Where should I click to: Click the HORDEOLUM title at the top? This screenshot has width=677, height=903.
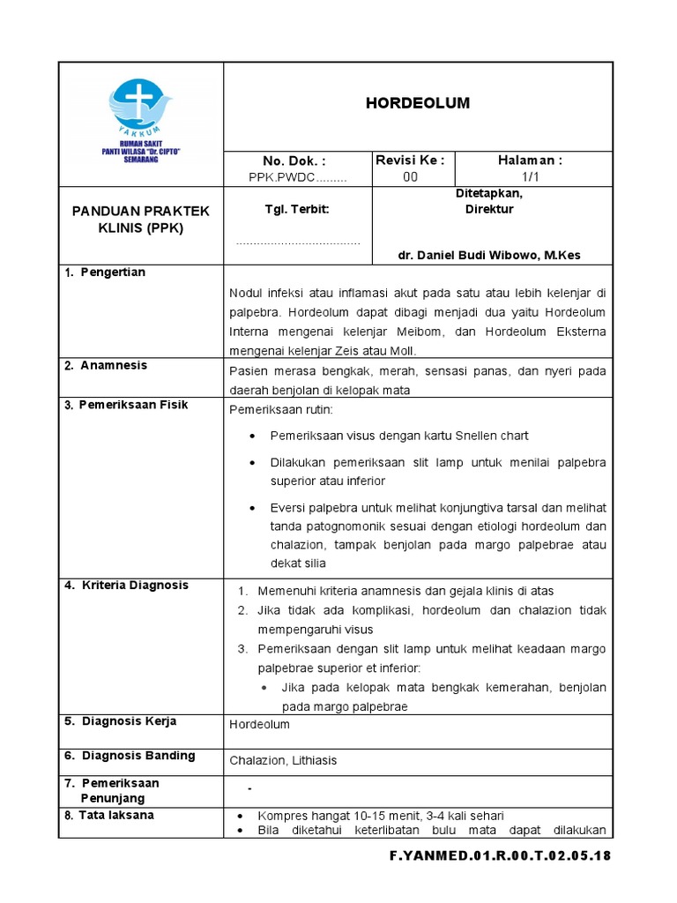(x=418, y=104)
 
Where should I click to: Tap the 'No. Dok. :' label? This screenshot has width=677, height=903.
(x=294, y=161)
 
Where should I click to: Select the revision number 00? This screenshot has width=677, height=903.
(x=410, y=176)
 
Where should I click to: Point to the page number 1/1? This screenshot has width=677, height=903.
(x=530, y=176)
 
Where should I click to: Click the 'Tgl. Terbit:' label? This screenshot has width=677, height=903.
(x=297, y=210)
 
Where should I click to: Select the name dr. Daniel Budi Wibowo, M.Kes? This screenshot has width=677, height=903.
(x=489, y=256)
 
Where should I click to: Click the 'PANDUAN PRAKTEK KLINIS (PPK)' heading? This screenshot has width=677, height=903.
(x=141, y=220)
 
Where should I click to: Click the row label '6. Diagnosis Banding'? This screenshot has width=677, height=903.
(x=129, y=756)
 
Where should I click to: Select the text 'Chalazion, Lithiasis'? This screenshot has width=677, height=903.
(x=283, y=760)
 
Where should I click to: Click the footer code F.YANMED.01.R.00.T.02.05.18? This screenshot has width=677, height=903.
(x=500, y=856)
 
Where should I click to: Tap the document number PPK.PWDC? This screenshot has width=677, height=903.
(x=297, y=177)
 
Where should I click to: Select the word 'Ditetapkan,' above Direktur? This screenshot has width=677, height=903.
(x=489, y=193)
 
